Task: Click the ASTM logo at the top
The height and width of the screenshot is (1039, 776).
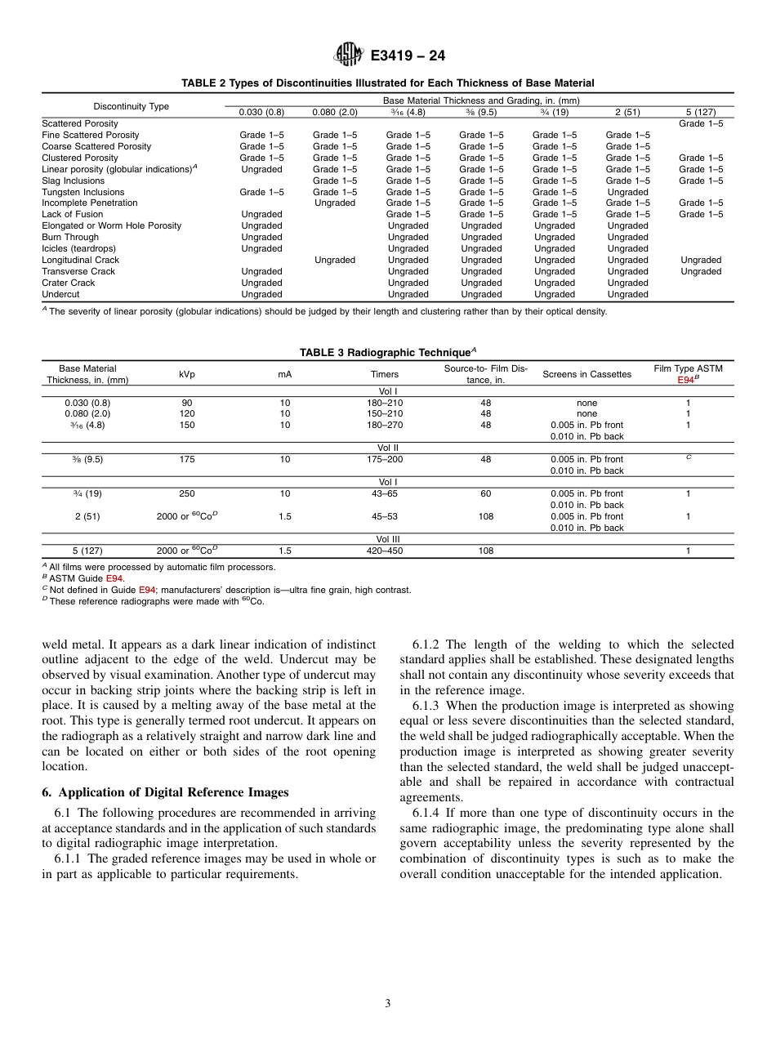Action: (x=349, y=56)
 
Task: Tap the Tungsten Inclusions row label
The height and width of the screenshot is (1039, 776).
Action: (x=83, y=192)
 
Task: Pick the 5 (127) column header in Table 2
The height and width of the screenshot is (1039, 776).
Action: (x=701, y=112)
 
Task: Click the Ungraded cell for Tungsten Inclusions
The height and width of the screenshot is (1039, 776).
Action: (x=627, y=192)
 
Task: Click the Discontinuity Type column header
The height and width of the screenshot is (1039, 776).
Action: (x=132, y=106)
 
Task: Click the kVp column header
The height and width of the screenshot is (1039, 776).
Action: (x=187, y=374)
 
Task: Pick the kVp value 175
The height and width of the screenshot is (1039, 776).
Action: (x=187, y=459)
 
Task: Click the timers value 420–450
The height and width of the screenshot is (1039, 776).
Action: (x=385, y=551)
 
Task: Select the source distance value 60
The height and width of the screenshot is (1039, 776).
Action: (x=486, y=493)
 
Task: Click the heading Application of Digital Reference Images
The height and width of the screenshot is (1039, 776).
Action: (x=172, y=792)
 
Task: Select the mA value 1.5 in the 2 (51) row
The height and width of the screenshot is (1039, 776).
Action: (x=284, y=516)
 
